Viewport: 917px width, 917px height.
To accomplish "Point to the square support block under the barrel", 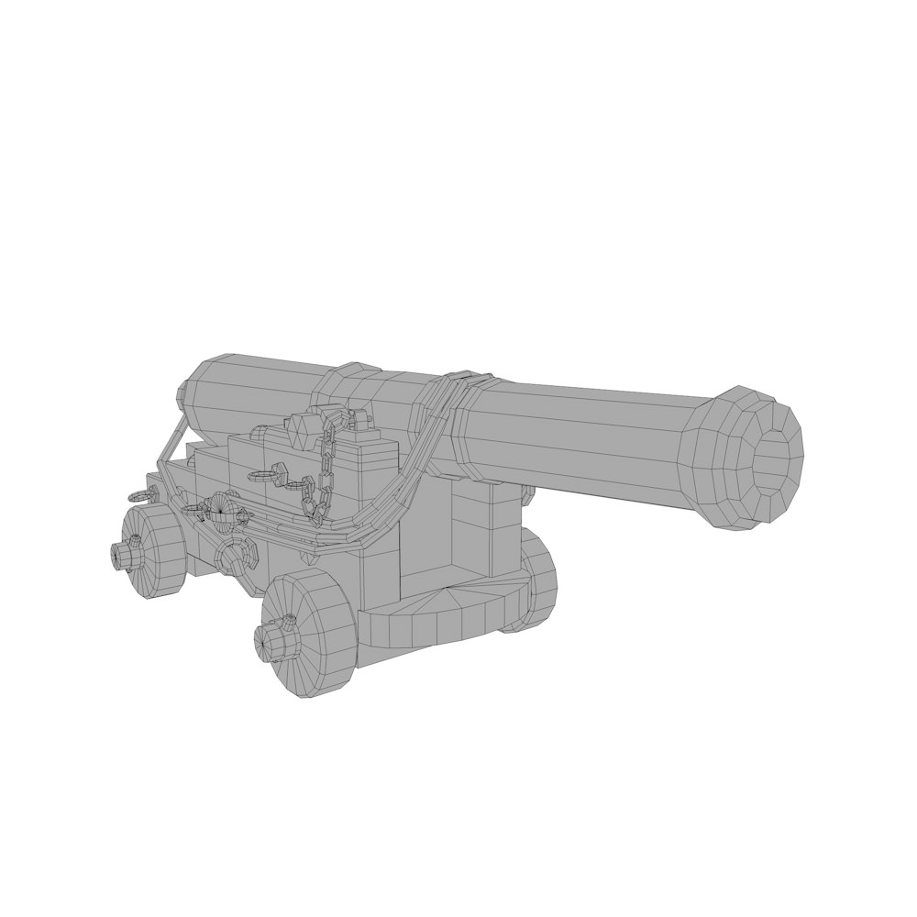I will [472, 532].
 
